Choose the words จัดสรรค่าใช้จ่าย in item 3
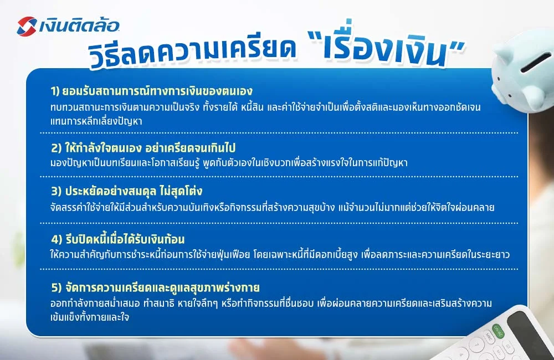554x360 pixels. point(78,208)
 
